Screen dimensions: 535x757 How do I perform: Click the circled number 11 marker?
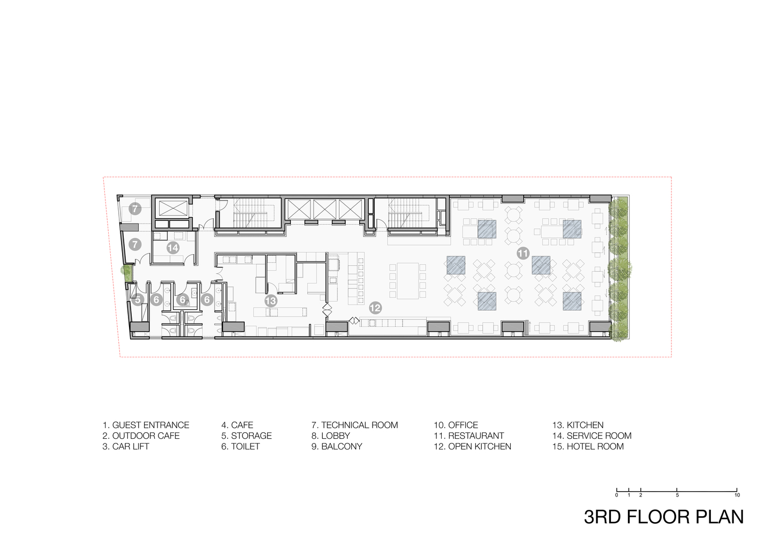523,254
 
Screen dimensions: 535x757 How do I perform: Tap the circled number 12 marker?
375,308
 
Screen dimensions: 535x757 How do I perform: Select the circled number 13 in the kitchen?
271,301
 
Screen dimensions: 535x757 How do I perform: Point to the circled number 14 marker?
172,248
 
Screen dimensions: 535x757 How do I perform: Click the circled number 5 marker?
138,300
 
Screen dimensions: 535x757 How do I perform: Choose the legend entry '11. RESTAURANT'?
468,436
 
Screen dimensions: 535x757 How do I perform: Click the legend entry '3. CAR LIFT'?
126,447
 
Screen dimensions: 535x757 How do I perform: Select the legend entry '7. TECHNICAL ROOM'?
354,425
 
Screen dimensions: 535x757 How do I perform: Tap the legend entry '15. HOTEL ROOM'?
588,447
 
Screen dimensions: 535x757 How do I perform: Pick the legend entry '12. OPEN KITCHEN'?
472,447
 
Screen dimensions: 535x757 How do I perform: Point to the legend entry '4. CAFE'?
237,425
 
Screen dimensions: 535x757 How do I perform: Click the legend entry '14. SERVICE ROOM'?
592,436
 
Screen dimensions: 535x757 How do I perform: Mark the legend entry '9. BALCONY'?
337,447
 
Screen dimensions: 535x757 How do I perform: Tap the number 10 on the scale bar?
737,495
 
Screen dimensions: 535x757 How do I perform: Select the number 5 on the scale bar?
677,495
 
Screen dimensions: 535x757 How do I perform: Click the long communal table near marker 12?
407,281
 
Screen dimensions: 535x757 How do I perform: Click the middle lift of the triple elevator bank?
325,209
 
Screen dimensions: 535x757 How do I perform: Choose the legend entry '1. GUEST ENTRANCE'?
146,425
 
